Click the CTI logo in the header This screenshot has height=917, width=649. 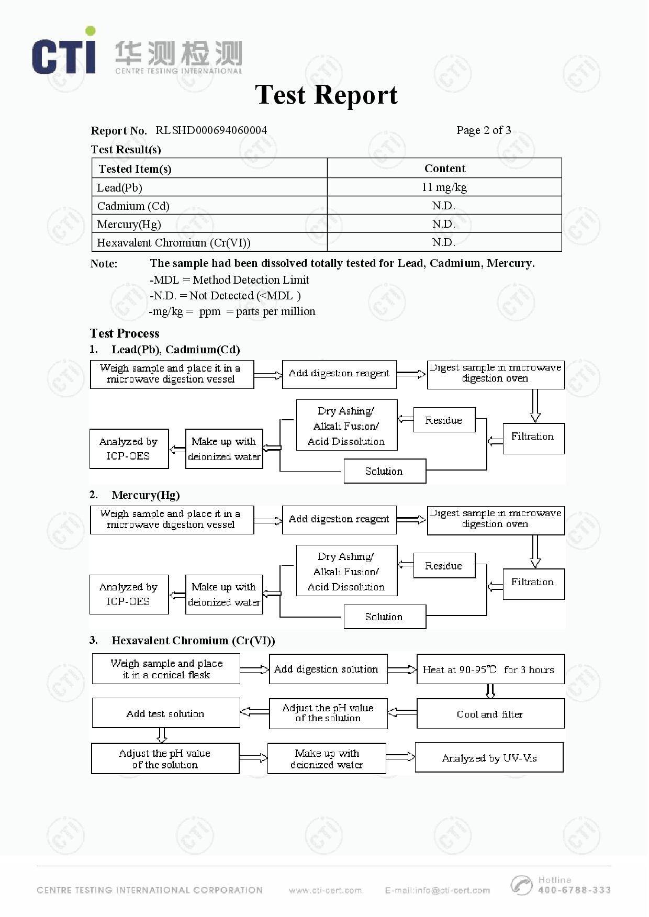[x=64, y=52]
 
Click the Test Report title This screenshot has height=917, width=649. [x=326, y=95]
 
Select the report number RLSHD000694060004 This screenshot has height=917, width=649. [x=211, y=130]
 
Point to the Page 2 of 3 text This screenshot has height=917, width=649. [x=483, y=130]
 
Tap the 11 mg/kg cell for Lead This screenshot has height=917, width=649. [x=444, y=187]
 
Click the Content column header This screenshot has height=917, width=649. [x=444, y=169]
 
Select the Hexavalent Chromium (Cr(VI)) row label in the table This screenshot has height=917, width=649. [x=174, y=243]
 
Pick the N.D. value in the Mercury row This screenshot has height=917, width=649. [x=443, y=225]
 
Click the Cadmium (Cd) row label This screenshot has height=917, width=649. [x=133, y=206]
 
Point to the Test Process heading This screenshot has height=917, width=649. [x=125, y=333]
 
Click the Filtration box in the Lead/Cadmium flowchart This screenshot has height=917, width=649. [x=533, y=438]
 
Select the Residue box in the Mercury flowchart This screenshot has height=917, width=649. [x=444, y=566]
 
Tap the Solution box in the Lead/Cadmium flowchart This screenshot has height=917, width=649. [x=384, y=471]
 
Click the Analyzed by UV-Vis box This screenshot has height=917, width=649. [x=489, y=758]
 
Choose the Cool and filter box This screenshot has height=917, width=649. [x=490, y=714]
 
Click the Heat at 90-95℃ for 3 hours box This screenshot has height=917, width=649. [x=490, y=669]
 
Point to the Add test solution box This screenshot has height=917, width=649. [x=165, y=713]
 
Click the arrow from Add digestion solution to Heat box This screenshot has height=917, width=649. [x=401, y=669]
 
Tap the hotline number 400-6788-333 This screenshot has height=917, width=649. [x=574, y=890]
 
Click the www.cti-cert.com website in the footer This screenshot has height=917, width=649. [x=325, y=890]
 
